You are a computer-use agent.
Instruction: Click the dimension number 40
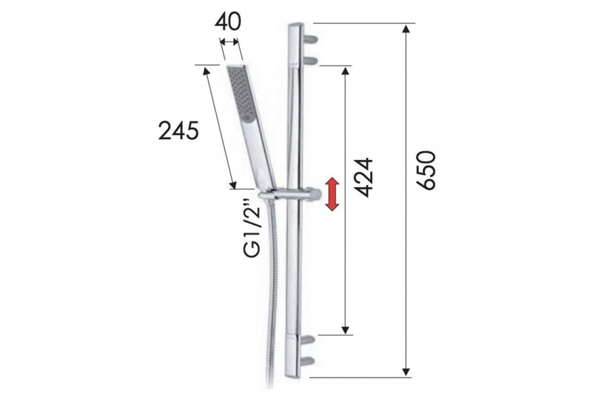(228, 21)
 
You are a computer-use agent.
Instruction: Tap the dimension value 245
(178, 131)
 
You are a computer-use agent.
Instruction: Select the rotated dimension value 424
(363, 178)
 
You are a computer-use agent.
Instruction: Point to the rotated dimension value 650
(426, 170)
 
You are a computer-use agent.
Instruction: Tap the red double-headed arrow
(332, 194)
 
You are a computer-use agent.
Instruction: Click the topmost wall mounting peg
(311, 39)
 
